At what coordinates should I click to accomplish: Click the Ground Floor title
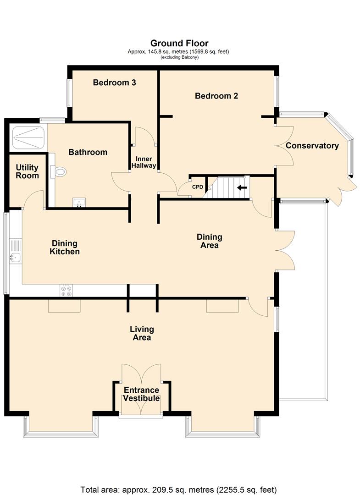coord(179,43)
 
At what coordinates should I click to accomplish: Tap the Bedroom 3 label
coord(114,82)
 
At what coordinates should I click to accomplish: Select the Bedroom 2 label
coord(216,96)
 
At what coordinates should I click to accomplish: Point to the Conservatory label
coord(312,146)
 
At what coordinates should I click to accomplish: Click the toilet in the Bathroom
coord(58,172)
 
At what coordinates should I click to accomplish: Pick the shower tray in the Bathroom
coord(28,137)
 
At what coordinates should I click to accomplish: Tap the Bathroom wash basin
coord(79,203)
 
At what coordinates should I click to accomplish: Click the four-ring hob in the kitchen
coord(66,291)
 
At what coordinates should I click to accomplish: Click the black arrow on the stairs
coord(242,188)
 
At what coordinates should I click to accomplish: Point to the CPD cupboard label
coord(198,187)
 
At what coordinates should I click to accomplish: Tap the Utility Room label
coord(27,171)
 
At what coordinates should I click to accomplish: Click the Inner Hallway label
coord(144,162)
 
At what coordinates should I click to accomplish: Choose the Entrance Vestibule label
coord(141,394)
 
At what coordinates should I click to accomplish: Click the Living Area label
coord(142,333)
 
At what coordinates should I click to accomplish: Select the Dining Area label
coord(210,241)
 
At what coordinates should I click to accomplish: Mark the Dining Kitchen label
coord(64,247)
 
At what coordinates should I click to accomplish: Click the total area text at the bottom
coord(178,489)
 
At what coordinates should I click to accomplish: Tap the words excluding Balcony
coord(179,57)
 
